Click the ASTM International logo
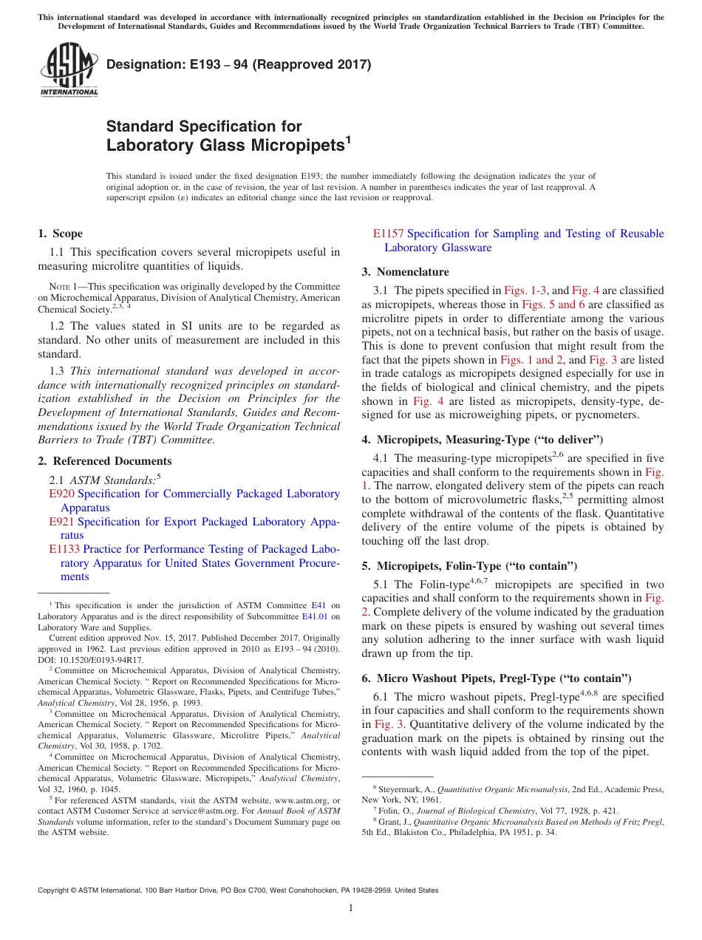68,70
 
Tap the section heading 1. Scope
60,234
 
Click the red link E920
61,494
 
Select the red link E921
61,522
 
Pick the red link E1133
64,549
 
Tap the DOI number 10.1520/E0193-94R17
95,660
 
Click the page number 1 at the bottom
351,908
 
